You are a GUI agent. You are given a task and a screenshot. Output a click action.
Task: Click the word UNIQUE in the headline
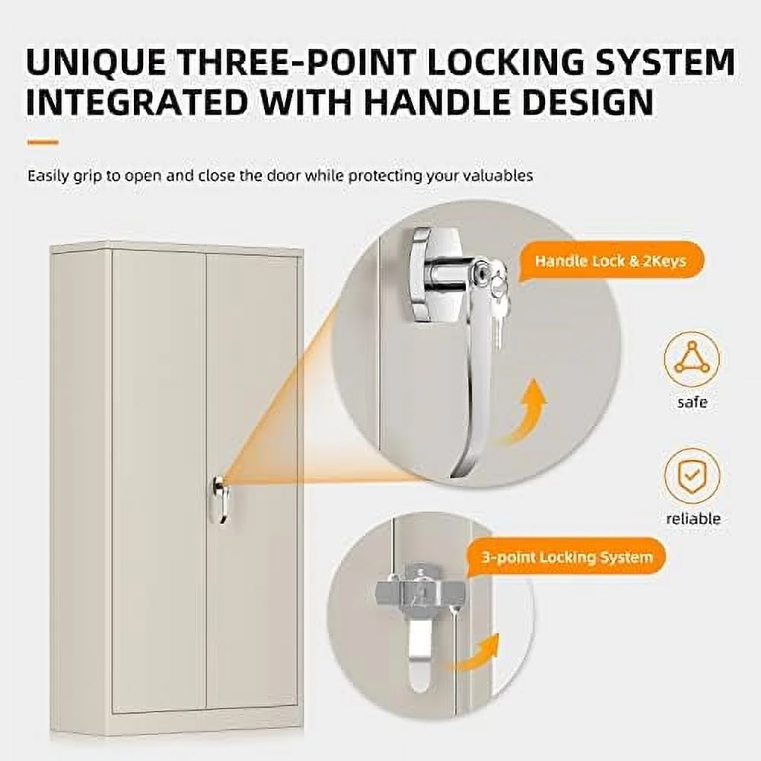coord(96,62)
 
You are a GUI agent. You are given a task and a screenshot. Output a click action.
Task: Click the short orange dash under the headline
coord(43,143)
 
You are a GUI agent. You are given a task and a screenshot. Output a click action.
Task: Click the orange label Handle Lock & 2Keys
coord(610,262)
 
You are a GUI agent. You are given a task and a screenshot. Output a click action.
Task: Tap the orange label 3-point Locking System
coord(567,557)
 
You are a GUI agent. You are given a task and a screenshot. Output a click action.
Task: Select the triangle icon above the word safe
coord(692,359)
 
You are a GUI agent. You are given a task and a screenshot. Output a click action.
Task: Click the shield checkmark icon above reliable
coord(692,476)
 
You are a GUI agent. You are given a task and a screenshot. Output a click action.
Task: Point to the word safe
coord(692,403)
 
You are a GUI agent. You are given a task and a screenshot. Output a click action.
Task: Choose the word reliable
coord(693,519)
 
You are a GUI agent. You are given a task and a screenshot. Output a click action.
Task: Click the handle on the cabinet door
coord(219,500)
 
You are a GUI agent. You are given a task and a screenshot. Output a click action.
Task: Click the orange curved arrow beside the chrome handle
coord(524,412)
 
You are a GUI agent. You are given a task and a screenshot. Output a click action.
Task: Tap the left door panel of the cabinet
coord(159,480)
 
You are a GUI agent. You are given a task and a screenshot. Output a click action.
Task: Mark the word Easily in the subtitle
coord(49,175)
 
